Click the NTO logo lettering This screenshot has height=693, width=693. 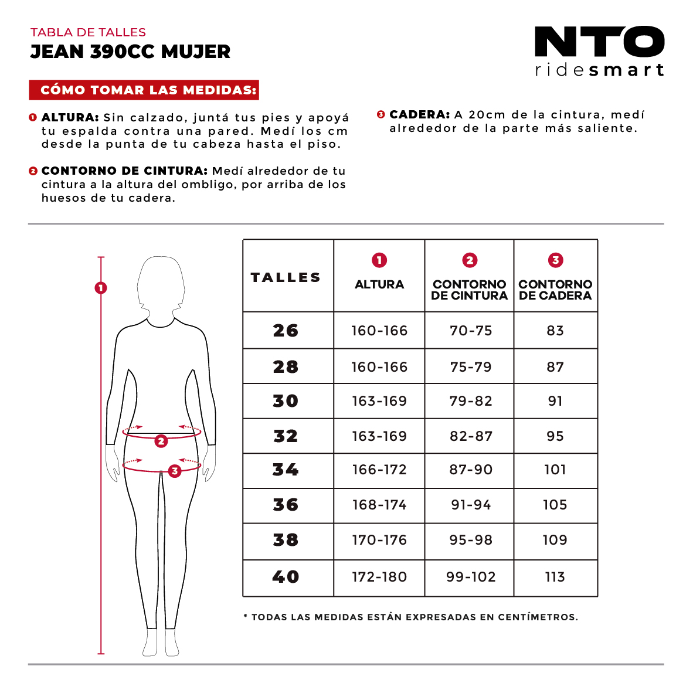pyautogui.click(x=599, y=42)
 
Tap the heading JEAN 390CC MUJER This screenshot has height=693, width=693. pyautogui.click(x=130, y=52)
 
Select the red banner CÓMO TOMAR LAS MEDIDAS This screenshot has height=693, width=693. pyautogui.click(x=144, y=90)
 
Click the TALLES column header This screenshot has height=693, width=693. pyautogui.click(x=286, y=277)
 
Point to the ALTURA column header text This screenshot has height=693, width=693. pyautogui.click(x=379, y=284)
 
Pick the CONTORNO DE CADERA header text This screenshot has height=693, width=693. pyautogui.click(x=555, y=290)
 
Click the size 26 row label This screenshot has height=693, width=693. pyautogui.click(x=286, y=331)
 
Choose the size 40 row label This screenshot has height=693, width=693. pyautogui.click(x=286, y=577)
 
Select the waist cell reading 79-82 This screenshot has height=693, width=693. pyautogui.click(x=471, y=401)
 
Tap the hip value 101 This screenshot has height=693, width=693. pyautogui.click(x=555, y=470)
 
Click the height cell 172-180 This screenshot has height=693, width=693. pyautogui.click(x=379, y=577)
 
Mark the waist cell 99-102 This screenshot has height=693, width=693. pyautogui.click(x=471, y=577)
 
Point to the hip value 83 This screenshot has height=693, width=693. pyautogui.click(x=555, y=331)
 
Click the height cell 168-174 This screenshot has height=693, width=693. pyautogui.click(x=379, y=505)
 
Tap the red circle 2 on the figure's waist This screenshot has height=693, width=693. pyautogui.click(x=161, y=441)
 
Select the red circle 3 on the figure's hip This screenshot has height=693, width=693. pyautogui.click(x=174, y=471)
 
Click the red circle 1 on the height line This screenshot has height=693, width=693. pyautogui.click(x=101, y=288)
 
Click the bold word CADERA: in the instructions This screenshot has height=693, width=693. pyautogui.click(x=419, y=115)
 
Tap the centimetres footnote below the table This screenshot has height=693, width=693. pyautogui.click(x=410, y=617)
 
